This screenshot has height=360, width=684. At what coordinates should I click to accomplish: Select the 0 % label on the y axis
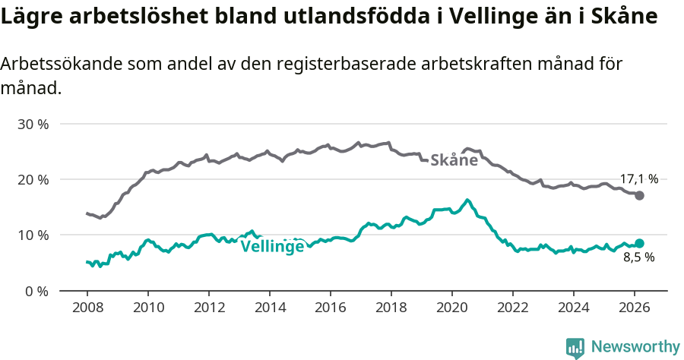pos(37,291)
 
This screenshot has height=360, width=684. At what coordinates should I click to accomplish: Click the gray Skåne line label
pos(454,160)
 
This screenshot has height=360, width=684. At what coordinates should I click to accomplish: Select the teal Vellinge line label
pos(272,246)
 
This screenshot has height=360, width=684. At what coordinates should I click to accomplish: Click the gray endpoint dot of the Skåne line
pos(639,195)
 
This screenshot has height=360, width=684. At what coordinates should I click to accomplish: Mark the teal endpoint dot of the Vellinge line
pos(639,243)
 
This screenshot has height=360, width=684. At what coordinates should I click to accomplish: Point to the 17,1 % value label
pos(638,179)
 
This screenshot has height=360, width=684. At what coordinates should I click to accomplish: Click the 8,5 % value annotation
pos(638,257)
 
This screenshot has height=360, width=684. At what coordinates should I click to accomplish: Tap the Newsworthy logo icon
pos(575,347)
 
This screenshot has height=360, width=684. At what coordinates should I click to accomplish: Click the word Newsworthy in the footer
pos(635,347)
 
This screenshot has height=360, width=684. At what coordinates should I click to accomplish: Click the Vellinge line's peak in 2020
pos(467,200)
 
